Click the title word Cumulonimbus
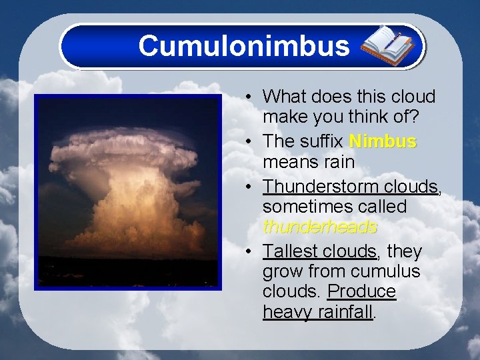[243, 46]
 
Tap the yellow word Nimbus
[383, 142]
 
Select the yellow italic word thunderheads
[320, 227]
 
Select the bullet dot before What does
[247, 97]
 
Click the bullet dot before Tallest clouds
[247, 252]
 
